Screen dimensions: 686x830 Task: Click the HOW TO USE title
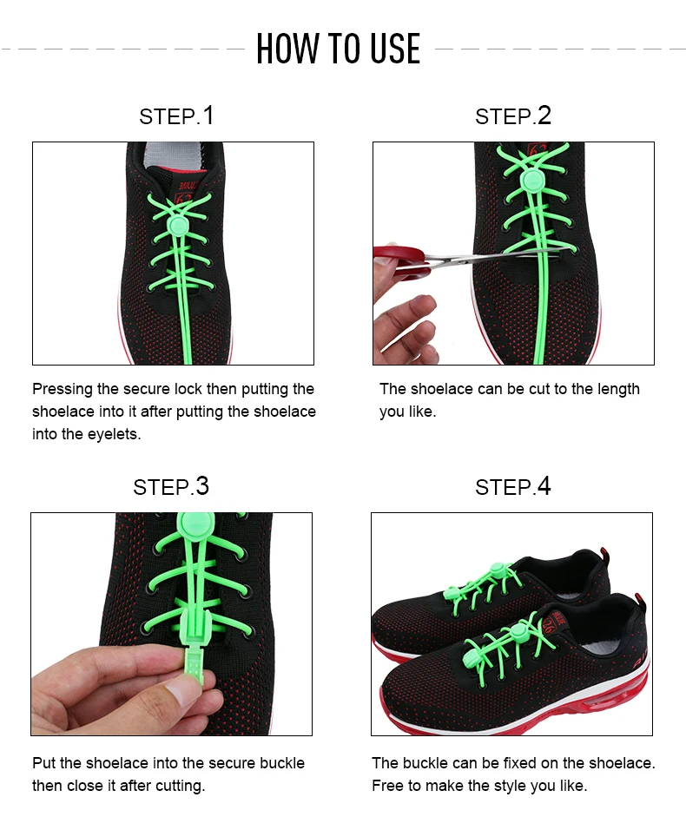339,49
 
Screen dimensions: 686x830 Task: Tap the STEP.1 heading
176,116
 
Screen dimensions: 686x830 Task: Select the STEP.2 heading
513,116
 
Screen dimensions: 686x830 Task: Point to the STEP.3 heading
171,486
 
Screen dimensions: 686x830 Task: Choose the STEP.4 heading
513,486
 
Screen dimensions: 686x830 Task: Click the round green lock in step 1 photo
178,227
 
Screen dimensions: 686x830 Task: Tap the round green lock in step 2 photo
532,181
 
